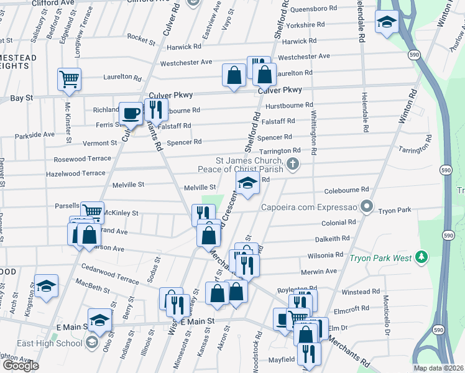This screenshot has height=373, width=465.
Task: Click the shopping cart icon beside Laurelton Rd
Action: (69, 79)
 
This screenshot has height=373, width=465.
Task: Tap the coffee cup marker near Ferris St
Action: (131, 113)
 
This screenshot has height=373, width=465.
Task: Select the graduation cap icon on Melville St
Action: (247, 183)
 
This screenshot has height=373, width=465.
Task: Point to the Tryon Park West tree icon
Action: (421, 257)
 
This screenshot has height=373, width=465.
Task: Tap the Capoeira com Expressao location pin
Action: (367, 206)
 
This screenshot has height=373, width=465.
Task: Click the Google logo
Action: (20, 366)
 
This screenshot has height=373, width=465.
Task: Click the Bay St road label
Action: (21, 98)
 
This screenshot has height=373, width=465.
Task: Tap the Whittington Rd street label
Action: (313, 134)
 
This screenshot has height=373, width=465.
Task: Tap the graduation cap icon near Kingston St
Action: (46, 286)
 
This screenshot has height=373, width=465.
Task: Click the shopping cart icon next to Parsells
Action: (92, 212)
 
